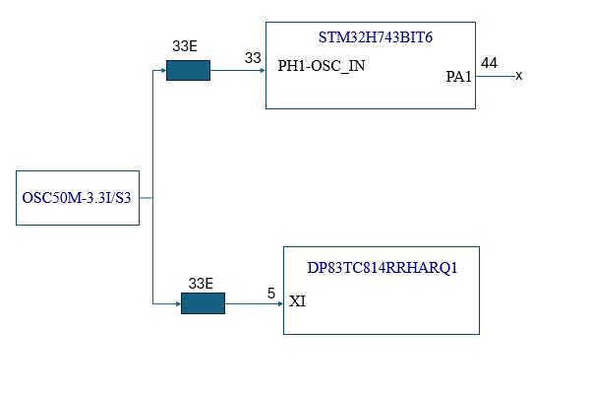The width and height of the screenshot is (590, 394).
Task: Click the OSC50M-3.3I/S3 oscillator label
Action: (78, 198)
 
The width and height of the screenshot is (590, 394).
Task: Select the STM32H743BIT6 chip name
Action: (376, 37)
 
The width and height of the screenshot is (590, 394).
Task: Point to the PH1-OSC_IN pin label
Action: (322, 68)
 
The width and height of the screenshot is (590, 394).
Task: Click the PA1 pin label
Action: (459, 76)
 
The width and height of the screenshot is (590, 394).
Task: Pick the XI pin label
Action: (297, 301)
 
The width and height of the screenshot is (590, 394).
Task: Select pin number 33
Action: (253, 58)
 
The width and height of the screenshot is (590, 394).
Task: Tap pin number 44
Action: (489, 63)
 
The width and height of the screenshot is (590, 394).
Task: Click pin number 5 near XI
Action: (270, 293)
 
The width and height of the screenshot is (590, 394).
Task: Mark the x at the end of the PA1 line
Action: (518, 76)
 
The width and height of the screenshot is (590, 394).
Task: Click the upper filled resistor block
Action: (188, 71)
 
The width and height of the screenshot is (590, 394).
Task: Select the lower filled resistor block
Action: (203, 303)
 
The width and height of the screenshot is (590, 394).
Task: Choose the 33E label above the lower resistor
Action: (201, 284)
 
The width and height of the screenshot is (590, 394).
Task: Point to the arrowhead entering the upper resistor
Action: (162, 71)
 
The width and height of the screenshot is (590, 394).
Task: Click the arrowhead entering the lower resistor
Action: (177, 303)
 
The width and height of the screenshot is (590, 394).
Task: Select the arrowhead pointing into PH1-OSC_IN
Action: (261, 71)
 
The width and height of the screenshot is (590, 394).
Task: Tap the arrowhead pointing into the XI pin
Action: (279, 303)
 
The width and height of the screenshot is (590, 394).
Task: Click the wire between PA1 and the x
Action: (495, 76)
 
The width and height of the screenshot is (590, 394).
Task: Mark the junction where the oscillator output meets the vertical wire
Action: (152, 198)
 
